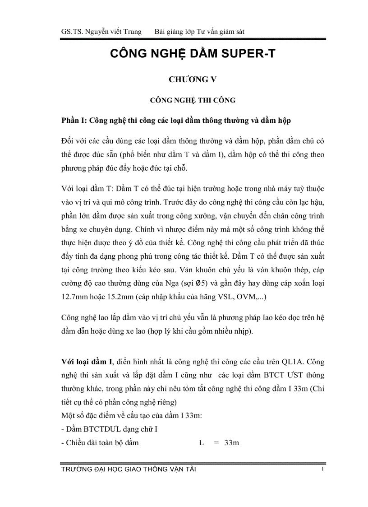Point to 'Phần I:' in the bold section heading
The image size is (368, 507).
[x=74, y=121]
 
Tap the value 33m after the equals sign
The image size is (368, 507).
[x=231, y=442]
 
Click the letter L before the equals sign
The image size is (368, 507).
[x=201, y=442]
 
